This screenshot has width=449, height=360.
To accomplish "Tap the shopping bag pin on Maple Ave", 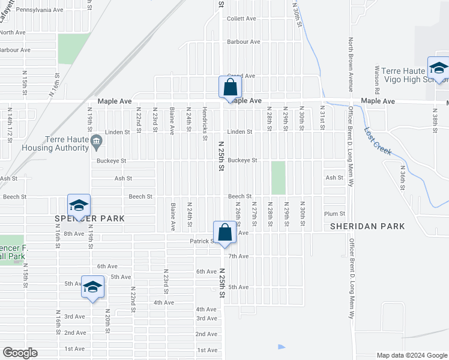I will [x=230, y=88].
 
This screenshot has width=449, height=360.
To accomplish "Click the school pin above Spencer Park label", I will [x=79, y=206].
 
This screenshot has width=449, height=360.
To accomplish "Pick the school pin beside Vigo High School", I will [x=438, y=68].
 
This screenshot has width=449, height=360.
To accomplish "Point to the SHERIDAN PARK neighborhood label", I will [x=368, y=226].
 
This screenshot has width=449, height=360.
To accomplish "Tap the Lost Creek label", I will [x=379, y=142].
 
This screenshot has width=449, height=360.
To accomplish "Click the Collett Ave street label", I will [x=241, y=19].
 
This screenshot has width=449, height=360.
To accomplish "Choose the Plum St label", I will [x=334, y=214].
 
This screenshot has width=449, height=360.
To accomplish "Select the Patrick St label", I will [x=199, y=241].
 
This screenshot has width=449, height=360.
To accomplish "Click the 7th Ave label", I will [x=238, y=256].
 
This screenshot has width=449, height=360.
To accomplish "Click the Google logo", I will [x=19, y=353].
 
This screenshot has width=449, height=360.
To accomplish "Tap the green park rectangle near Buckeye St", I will [x=278, y=178].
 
